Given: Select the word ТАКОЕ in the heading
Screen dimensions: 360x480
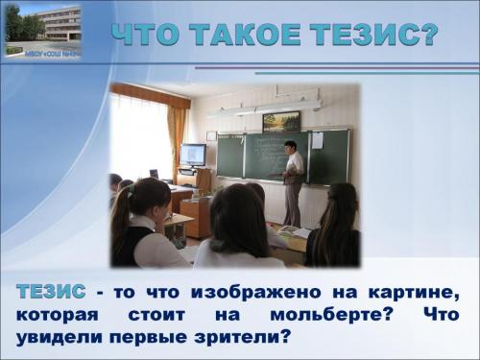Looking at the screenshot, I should click(x=241, y=34).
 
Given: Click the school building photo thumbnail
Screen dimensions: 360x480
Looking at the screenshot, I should click(x=42, y=29).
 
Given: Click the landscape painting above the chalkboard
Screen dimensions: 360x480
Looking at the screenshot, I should click(x=280, y=121).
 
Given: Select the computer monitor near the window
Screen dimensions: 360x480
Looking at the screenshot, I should click(x=193, y=155).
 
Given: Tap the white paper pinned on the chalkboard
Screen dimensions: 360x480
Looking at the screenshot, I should click(x=317, y=140).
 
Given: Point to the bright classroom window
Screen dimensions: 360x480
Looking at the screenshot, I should click(x=139, y=134).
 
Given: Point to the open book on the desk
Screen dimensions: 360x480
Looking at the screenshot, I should click(x=296, y=232).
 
